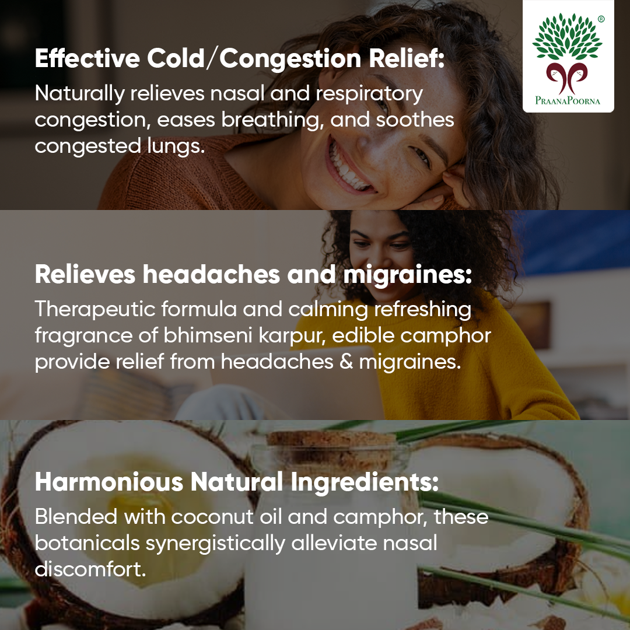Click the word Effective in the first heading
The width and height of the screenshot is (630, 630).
pos(87,58)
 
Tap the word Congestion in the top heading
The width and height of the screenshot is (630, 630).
pos(290,59)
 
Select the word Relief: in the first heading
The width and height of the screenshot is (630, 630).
pos(407,58)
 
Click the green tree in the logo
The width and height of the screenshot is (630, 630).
pos(568,37)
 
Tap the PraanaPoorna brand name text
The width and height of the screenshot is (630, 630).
pos(568,100)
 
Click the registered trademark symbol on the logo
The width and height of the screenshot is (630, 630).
pos(601,19)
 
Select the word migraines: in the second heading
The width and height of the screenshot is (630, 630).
pos(407,275)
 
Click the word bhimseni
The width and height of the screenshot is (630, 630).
pos(208,335)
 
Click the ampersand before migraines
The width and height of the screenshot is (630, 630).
pos(346,362)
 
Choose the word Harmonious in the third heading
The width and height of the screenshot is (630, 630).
pos(109,482)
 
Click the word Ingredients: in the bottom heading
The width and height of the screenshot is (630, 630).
pos(365,483)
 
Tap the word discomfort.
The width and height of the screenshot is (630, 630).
pos(90,569)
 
